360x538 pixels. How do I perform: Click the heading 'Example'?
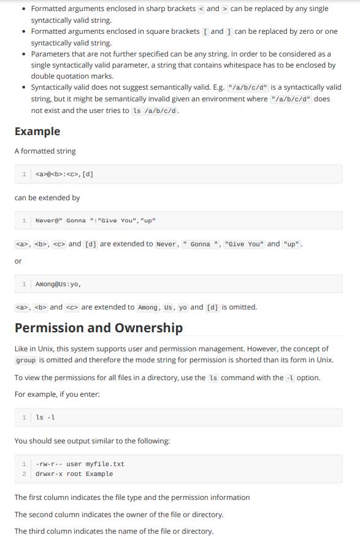tap(37, 131)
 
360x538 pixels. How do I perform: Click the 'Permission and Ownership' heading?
tap(99, 327)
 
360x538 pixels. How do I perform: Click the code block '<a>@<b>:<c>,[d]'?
tap(64, 174)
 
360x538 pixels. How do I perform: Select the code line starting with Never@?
tap(96, 220)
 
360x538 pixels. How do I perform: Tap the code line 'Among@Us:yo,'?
tap(58, 284)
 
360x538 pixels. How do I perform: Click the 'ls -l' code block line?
tap(45, 418)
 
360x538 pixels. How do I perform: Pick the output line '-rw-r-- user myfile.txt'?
tap(80, 464)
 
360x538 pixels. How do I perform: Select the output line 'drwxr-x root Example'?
tap(74, 474)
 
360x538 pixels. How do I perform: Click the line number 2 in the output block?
tap(24, 474)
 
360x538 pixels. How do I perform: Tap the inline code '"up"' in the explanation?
tap(292, 244)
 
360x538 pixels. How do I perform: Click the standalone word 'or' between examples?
tap(18, 261)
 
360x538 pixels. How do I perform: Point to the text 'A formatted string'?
tap(45, 151)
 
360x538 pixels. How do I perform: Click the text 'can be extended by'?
tap(47, 198)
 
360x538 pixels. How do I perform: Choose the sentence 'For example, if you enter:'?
tap(57, 393)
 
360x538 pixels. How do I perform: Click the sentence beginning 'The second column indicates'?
tap(119, 514)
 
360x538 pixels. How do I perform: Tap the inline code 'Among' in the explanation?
tap(148, 307)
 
